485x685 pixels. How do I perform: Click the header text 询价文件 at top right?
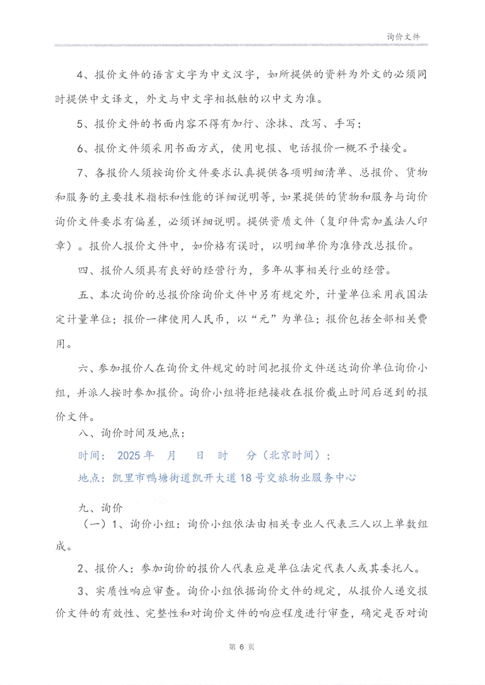click(x=403, y=37)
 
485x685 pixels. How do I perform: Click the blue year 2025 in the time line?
click(x=129, y=455)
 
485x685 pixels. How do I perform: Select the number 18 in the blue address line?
click(x=246, y=478)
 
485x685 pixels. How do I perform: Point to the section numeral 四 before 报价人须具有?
click(x=83, y=270)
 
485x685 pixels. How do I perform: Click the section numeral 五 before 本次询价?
click(x=83, y=295)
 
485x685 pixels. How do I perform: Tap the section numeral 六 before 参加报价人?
click(x=83, y=368)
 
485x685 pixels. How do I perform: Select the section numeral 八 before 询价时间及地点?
click(x=83, y=433)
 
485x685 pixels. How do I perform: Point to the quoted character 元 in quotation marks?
click(x=264, y=319)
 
